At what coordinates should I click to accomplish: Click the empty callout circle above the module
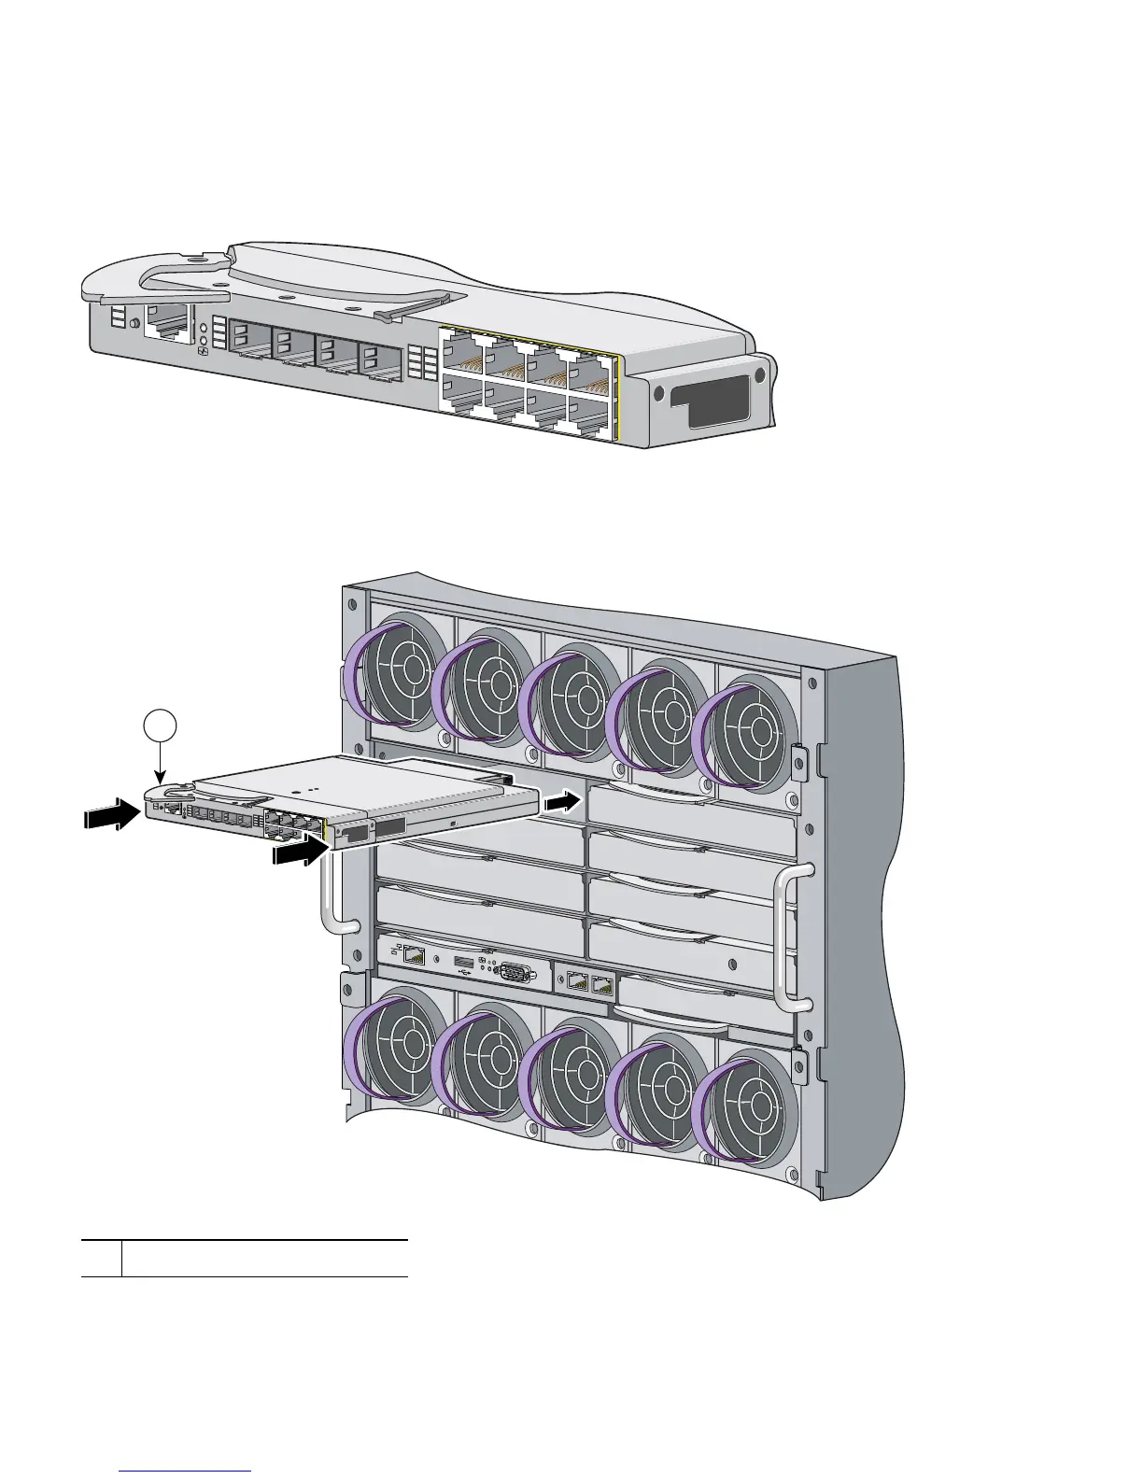click(162, 725)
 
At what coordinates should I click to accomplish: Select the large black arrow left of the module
click(109, 815)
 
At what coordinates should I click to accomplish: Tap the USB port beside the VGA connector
click(461, 963)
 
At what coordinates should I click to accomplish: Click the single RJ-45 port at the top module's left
click(165, 322)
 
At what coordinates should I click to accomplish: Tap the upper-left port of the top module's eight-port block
click(462, 352)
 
